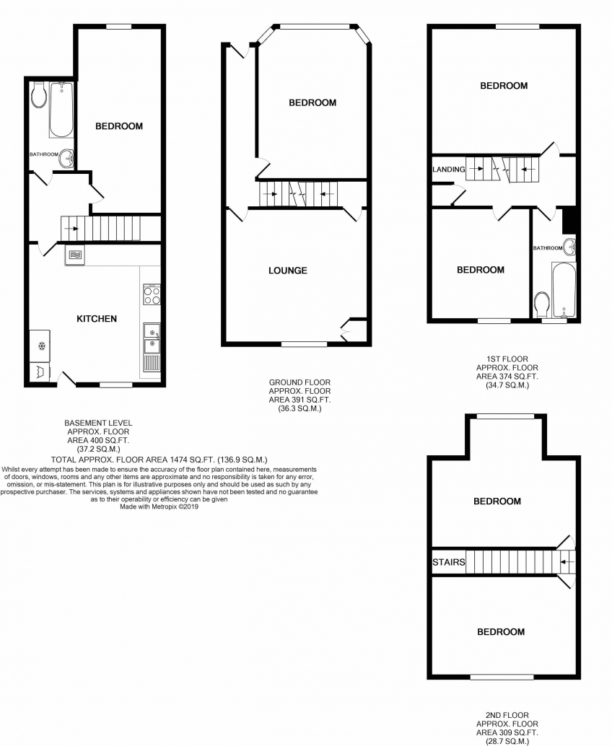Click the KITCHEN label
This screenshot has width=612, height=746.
click(97, 319)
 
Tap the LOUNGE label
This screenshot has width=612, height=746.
click(288, 271)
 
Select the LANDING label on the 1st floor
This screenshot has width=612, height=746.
click(449, 170)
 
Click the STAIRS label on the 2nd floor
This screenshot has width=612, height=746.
click(449, 562)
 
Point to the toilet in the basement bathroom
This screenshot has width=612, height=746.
click(38, 95)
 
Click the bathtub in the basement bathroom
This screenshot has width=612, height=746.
click(61, 110)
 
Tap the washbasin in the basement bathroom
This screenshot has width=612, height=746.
click(66, 158)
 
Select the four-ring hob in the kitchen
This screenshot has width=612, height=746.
click(152, 294)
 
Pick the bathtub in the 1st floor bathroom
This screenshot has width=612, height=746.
click(564, 289)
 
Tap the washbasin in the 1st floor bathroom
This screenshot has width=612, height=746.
click(569, 247)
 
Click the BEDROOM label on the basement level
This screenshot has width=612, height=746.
click(119, 126)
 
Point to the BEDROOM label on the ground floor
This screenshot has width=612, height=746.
click(312, 102)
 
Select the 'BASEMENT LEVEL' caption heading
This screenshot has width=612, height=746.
click(98, 423)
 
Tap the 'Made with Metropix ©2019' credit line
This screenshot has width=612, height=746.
click(159, 506)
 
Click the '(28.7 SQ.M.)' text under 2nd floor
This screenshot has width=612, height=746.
click(507, 741)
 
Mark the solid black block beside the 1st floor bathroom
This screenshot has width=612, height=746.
click(569, 220)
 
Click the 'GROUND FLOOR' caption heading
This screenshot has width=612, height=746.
click(300, 382)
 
